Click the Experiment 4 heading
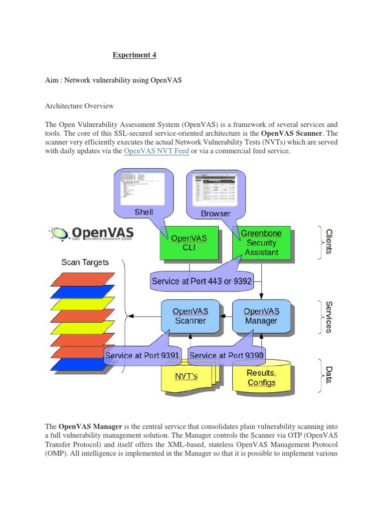(x=134, y=55)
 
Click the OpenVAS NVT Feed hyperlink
(x=156, y=151)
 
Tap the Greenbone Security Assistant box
(x=261, y=243)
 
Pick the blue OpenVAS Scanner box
(x=190, y=316)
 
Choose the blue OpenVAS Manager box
(x=261, y=316)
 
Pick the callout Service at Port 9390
(x=227, y=356)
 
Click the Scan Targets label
(x=85, y=262)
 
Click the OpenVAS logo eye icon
(x=59, y=233)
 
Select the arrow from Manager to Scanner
(x=227, y=316)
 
